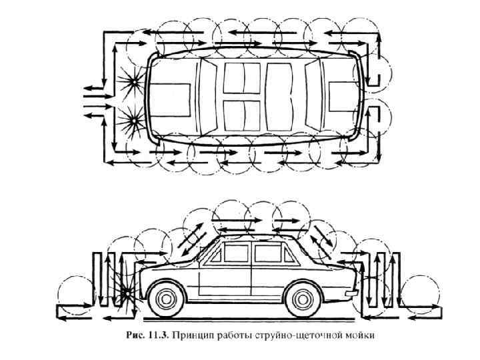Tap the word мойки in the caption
click(361, 335)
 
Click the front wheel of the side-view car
click(167, 297)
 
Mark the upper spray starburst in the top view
click(133, 82)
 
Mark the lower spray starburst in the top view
click(133, 121)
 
